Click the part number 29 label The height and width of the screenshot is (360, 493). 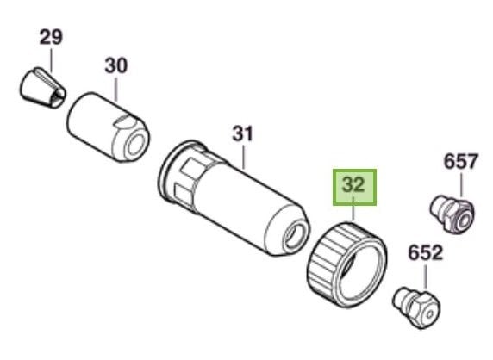tap(51, 37)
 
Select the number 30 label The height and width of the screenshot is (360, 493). tap(116, 65)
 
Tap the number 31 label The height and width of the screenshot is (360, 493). tap(242, 133)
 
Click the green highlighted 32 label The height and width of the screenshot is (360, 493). tap(354, 187)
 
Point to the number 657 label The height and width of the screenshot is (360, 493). tap(460, 162)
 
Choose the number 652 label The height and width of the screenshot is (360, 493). tap(426, 253)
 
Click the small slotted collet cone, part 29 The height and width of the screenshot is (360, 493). tap(42, 88)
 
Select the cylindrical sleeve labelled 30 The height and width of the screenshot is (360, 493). tap(109, 127)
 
